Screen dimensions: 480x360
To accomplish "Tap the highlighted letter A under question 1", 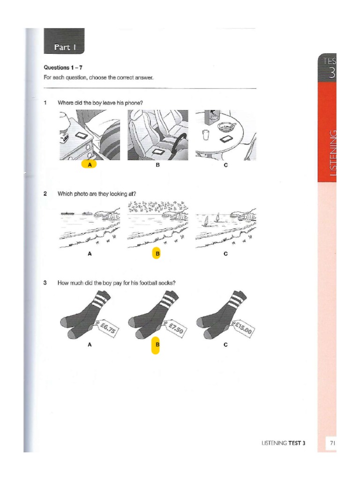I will coord(89,165).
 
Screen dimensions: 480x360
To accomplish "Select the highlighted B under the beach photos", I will coord(157,254).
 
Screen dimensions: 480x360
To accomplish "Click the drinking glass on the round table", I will coord(206,135).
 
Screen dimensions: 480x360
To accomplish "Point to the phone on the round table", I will coord(228,139).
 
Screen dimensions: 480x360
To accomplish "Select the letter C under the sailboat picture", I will coord(225,254).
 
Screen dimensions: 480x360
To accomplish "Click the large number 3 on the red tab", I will coord(332,73).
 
